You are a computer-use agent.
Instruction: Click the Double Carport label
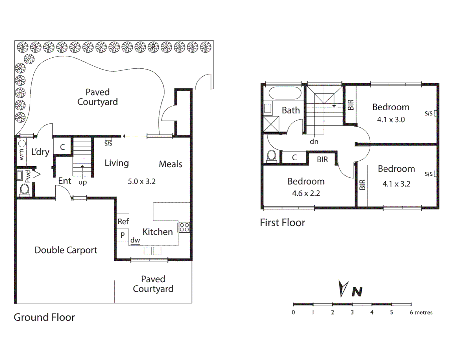click(x=66, y=250)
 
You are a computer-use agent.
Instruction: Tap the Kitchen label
click(x=157, y=232)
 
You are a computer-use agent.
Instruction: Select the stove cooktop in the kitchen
click(x=184, y=227)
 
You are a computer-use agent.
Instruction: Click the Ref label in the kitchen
click(x=123, y=221)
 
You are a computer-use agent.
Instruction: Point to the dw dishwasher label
click(x=135, y=240)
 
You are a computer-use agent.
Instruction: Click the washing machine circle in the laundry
click(x=22, y=144)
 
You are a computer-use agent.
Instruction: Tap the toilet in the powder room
click(x=24, y=189)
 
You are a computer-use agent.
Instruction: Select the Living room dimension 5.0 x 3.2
click(x=141, y=181)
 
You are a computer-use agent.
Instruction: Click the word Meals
click(x=170, y=164)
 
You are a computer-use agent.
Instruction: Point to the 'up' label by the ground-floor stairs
click(x=82, y=182)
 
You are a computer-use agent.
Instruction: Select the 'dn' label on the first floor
click(x=314, y=142)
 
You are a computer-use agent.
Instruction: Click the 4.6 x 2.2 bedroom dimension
click(x=306, y=193)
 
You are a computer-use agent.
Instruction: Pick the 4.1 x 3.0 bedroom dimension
click(x=391, y=120)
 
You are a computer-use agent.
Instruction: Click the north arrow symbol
click(x=343, y=288)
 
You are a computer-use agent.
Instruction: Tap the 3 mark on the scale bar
click(x=352, y=312)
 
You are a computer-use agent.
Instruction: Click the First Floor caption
click(x=282, y=223)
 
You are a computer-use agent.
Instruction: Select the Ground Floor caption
click(x=44, y=317)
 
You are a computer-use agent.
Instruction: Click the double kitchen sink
click(x=152, y=251)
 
